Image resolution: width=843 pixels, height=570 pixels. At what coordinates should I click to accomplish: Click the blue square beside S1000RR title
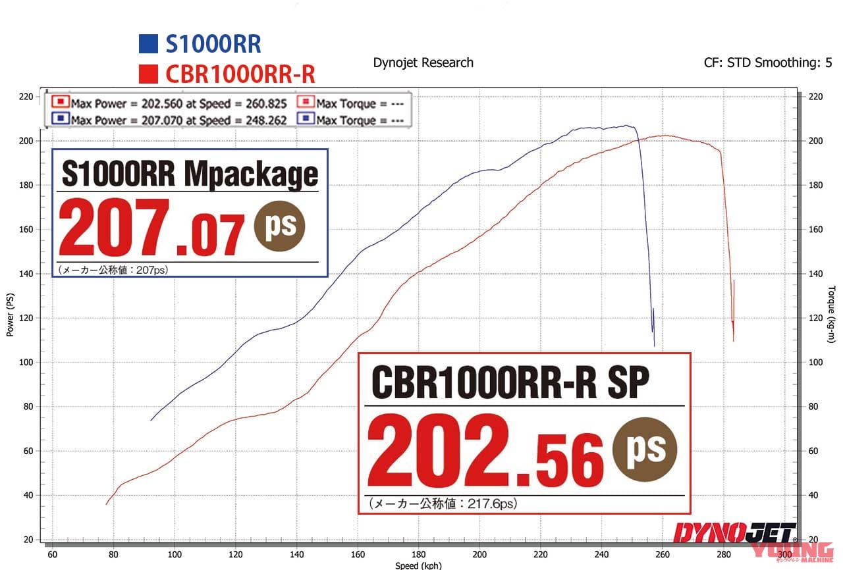coord(148,44)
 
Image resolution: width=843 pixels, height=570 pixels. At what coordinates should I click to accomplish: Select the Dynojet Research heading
coord(423,63)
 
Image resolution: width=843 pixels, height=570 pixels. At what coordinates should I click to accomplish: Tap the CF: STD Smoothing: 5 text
coord(767,63)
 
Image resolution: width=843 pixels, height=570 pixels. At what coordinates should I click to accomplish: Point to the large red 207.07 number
coord(152,227)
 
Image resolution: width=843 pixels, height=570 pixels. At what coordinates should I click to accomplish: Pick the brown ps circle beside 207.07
coord(280,226)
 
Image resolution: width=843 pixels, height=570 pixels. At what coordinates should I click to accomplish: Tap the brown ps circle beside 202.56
coord(644,450)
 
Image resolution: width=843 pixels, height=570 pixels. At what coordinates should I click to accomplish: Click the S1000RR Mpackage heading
coord(190,174)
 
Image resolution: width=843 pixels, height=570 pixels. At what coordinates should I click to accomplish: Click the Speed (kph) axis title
coord(418,565)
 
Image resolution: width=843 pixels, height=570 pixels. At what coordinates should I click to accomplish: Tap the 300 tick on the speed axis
coord(785,554)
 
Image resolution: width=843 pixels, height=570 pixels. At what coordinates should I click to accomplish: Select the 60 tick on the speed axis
coord(52,554)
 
